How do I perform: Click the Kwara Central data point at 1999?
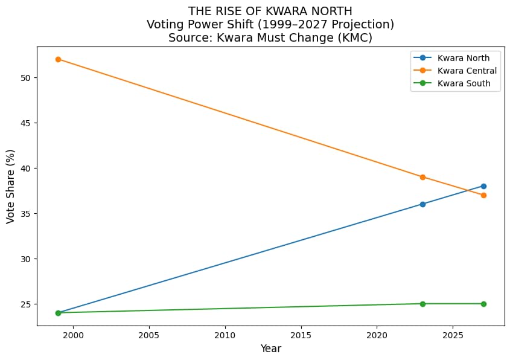(x=58, y=59)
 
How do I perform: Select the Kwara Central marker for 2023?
(x=422, y=177)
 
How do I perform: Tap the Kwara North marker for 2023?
(x=422, y=204)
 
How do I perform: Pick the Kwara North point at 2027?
(x=483, y=186)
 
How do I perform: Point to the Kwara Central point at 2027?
(x=483, y=195)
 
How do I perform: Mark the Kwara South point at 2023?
(x=422, y=304)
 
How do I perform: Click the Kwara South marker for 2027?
(x=483, y=304)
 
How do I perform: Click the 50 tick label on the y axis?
(x=25, y=78)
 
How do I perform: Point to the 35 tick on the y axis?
(x=25, y=214)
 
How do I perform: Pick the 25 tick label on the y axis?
(x=25, y=304)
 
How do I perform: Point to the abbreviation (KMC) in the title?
(x=353, y=37)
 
